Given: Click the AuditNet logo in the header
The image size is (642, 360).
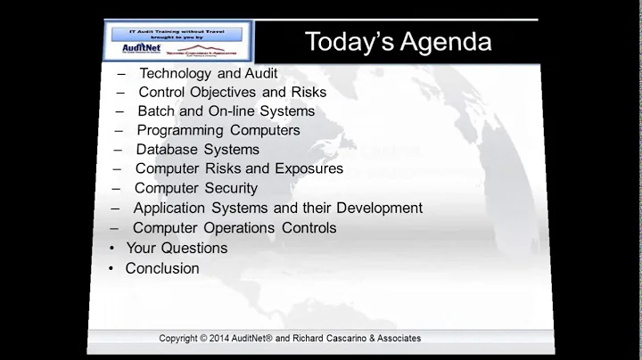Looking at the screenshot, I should [x=132, y=50].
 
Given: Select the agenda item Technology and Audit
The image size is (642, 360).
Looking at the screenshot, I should [x=209, y=73].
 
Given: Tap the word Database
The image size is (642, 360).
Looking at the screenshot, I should [x=167, y=150].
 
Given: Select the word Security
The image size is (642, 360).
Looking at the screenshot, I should [x=228, y=188].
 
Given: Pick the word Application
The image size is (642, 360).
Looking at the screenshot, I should [x=169, y=208].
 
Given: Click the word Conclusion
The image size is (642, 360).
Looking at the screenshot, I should [x=162, y=268].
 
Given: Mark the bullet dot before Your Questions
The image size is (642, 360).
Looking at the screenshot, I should [x=111, y=249].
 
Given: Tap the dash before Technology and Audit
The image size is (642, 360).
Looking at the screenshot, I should [x=120, y=73].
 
